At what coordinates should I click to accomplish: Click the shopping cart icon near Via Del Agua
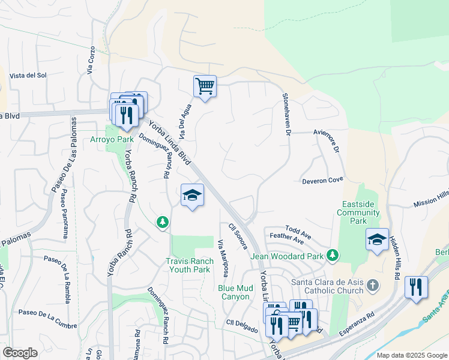coord(205,87)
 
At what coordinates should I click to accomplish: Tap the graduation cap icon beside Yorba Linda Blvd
coord(192,196)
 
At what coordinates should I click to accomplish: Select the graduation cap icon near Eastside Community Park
coord(377,239)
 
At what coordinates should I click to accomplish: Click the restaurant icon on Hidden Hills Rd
coord(416,287)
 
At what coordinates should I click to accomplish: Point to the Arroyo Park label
coord(112,139)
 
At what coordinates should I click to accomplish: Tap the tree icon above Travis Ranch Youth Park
coord(162,223)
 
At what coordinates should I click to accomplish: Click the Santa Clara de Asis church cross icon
coord(372,284)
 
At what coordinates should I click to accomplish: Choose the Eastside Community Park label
coord(358,212)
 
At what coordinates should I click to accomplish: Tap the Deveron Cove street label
coord(322,179)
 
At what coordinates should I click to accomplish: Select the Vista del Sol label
coord(28,75)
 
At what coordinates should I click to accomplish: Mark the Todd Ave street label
coord(298,230)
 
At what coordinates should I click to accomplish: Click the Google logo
coord(20,353)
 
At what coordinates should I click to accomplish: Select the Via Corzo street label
coord(91,59)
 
